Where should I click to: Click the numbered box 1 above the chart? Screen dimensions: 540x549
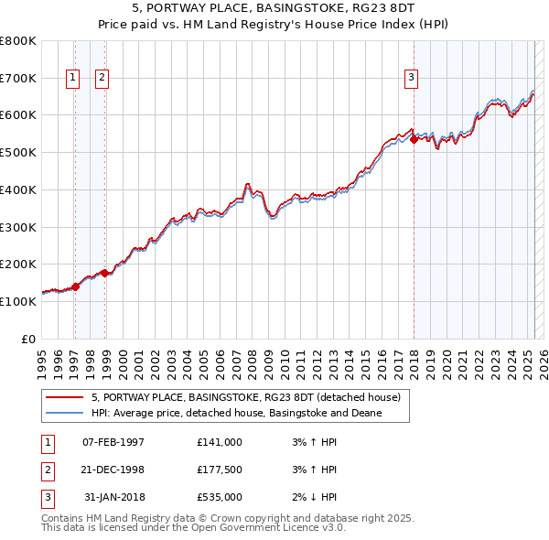pos(72,78)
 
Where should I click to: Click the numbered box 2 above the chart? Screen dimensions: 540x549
pos(102,78)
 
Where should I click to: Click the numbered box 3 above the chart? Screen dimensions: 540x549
pos(412,78)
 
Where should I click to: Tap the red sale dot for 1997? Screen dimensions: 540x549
pos(75,286)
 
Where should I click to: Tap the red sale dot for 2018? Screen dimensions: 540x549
pos(414,139)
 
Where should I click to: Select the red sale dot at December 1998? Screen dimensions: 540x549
pos(105,273)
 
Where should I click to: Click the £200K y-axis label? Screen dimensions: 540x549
pos(18,265)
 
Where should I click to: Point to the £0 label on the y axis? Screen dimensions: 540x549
pos(27,339)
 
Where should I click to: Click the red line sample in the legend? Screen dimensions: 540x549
pos(64,398)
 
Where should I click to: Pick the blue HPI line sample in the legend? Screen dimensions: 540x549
pos(64,414)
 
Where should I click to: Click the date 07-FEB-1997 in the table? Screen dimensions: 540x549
pos(113,442)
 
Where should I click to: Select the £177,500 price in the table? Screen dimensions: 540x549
pos(220,470)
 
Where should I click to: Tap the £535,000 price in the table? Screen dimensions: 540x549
pos(220,497)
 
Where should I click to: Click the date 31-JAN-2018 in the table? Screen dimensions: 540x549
pos(113,497)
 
